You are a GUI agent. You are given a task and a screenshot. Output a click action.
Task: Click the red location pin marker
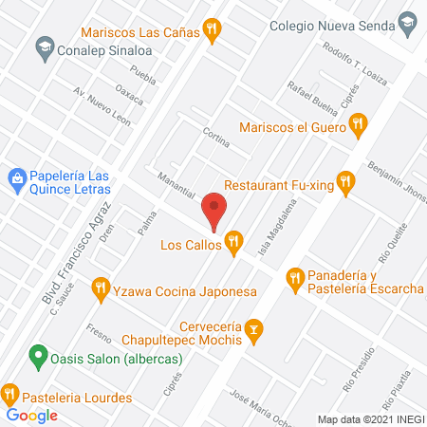tap(214, 211)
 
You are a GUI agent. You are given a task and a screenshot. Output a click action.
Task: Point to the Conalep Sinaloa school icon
tap(44, 46)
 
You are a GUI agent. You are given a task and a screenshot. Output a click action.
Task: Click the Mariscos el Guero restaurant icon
tap(357, 122)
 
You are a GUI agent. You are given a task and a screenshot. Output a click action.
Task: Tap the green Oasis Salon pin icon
tap(37, 358)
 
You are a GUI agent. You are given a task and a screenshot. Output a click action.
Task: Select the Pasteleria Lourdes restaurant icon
tap(10, 392)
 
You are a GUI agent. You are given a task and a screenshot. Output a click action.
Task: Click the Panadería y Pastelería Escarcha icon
tap(295, 277)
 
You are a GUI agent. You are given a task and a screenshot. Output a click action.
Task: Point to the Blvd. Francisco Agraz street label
tap(77, 251)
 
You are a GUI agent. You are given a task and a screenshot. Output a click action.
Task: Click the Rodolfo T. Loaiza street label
tap(349, 63)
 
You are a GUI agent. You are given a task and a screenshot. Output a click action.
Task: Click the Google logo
tap(32, 415)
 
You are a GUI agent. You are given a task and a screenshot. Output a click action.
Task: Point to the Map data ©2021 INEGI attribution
tap(370, 419)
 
